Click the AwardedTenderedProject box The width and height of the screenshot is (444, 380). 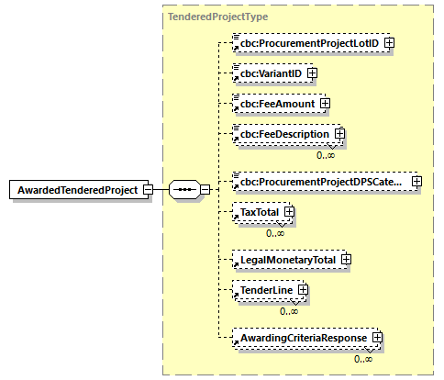[75, 189]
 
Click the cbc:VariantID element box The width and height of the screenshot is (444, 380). [270, 73]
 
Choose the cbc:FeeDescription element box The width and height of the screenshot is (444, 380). [284, 134]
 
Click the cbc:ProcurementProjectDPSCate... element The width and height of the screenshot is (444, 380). [320, 181]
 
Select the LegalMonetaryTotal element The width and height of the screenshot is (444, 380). [286, 259]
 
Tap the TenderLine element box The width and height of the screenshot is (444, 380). [262, 291]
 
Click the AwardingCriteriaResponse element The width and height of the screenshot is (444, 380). [299, 338]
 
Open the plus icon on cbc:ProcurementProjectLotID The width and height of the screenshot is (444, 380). [390, 42]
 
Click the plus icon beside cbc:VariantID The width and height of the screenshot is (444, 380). [312, 73]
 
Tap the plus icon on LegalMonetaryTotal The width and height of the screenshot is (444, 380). [346, 259]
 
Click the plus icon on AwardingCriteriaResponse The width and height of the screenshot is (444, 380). [376, 338]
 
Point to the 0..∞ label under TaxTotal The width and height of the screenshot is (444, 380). [274, 232]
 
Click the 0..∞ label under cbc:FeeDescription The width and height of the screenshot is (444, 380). [326, 154]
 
